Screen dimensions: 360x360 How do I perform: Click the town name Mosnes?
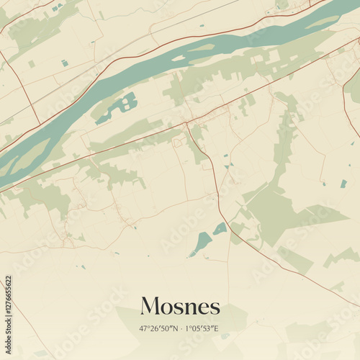click(180, 306)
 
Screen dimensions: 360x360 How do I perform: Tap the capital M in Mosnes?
click(150, 306)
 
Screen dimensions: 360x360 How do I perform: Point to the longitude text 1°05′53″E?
click(202, 329)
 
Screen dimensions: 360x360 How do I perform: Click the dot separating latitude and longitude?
click(181, 329)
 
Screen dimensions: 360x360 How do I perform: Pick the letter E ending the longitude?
click(217, 329)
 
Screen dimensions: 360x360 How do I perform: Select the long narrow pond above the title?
click(202, 243)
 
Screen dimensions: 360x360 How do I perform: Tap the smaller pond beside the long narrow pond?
click(220, 228)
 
